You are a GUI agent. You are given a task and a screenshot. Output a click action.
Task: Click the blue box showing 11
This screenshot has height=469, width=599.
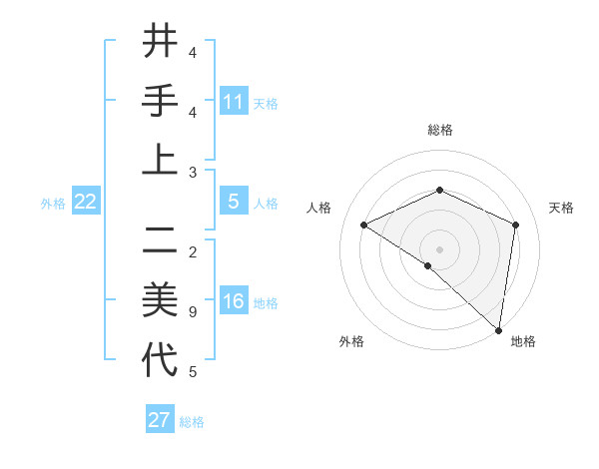[234, 102]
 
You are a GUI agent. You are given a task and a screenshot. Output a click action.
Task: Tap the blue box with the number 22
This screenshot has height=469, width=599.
[85, 203]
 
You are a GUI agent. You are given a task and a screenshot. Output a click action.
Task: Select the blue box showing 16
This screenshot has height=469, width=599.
[234, 302]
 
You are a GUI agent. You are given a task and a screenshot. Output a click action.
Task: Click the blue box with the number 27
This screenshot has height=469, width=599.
[160, 420]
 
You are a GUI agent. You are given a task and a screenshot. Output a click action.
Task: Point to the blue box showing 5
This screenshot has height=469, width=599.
[234, 202]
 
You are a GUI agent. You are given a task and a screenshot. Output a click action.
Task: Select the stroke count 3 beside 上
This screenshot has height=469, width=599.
[192, 173]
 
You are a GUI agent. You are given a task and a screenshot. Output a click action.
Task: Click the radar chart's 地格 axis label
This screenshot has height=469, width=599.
[523, 341]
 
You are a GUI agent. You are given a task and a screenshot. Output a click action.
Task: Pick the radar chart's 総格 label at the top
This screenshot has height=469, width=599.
[439, 130]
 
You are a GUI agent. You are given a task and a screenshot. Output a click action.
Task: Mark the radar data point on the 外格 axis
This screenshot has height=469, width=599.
[427, 266]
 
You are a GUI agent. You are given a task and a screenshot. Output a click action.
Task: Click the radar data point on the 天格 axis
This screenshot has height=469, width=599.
[516, 225]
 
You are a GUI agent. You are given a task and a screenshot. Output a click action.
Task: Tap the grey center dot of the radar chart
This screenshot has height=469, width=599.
[439, 248]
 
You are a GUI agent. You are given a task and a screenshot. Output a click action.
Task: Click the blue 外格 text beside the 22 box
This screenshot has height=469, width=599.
[53, 204]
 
